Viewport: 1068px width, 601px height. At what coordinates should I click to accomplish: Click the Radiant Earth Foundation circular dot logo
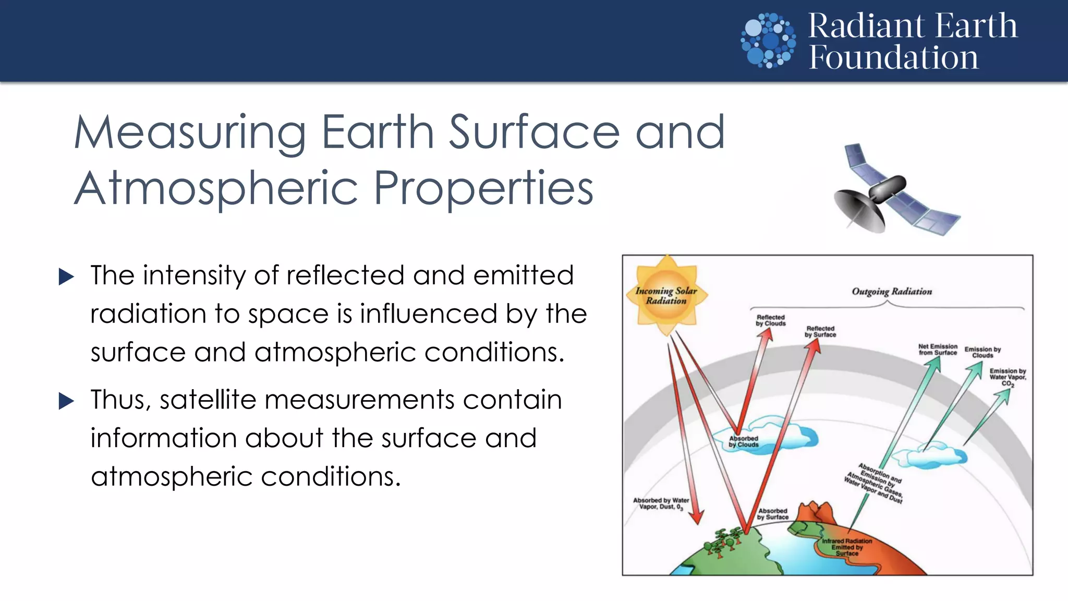pos(768,41)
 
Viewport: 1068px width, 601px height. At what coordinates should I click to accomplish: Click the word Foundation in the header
pos(893,57)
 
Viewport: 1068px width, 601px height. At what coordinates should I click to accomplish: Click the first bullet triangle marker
pos(67,277)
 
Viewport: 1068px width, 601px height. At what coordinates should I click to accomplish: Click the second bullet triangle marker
pos(67,401)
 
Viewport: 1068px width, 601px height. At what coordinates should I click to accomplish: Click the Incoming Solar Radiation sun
pos(666,295)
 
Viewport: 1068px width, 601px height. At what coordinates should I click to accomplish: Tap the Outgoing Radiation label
pos(892,291)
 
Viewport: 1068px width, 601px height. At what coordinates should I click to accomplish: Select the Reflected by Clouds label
pos(771,320)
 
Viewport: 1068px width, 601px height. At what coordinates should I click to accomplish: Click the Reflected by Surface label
pos(820,332)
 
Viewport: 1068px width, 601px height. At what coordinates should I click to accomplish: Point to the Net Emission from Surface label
pos(938,350)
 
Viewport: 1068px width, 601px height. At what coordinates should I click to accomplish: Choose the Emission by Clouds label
pos(982,352)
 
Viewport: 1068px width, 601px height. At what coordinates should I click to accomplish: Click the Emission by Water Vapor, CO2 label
pos(1008,377)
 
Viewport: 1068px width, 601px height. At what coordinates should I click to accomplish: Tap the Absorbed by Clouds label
pos(744,441)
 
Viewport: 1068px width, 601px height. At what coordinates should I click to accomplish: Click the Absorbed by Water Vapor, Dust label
pos(661,503)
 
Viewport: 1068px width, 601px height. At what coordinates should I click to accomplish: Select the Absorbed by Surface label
pos(773,514)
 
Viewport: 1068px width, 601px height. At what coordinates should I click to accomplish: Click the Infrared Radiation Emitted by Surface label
pos(847,547)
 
